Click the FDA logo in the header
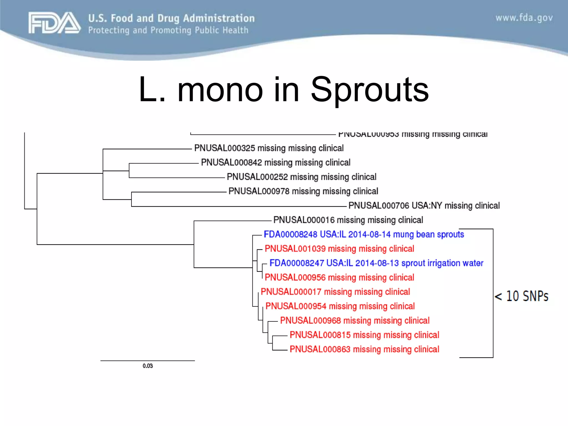54,23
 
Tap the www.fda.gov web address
524,18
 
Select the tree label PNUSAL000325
225,148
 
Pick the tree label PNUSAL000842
231,163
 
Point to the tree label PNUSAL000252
257,177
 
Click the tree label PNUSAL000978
259,191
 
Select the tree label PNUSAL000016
304,220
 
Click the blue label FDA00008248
290,234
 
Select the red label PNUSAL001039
295,249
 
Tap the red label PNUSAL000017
291,292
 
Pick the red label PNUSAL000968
310,321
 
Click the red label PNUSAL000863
320,349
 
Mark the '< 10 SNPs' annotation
521,296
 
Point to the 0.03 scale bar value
148,366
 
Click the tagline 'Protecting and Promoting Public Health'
168,30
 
